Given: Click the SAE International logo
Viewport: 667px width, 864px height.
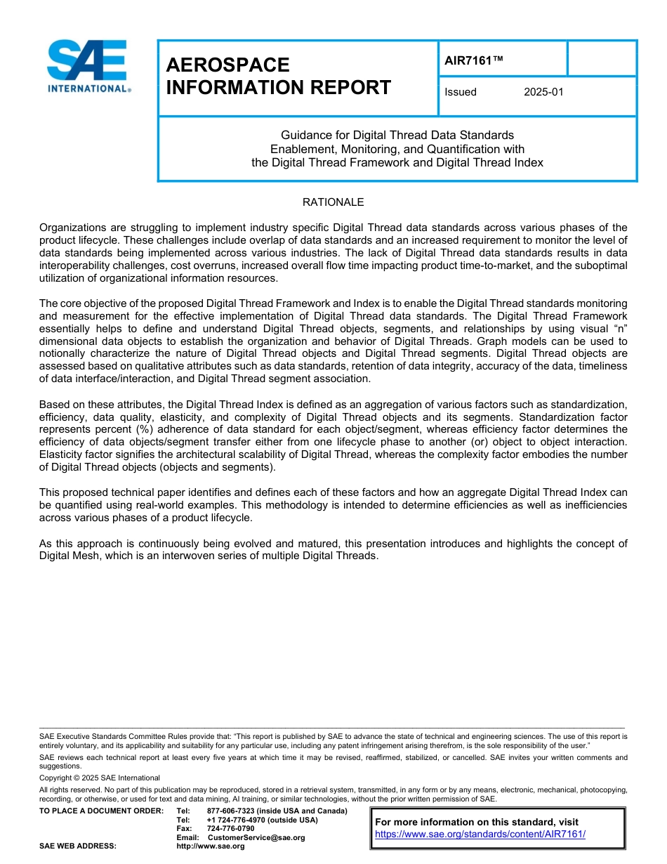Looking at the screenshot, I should [88, 66].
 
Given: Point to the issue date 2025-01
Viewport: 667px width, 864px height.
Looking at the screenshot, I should [543, 92].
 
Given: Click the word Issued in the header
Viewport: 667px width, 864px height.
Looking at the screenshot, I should [461, 92].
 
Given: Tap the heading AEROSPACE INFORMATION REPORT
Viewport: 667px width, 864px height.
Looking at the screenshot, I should [278, 76].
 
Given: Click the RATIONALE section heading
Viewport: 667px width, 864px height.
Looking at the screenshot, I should [333, 202].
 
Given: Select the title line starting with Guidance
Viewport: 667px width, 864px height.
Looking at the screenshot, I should [397, 135].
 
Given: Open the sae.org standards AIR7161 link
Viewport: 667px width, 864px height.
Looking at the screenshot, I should [480, 834].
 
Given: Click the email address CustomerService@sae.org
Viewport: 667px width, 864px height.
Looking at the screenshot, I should [256, 837].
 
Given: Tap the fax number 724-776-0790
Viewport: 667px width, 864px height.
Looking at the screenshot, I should [230, 828].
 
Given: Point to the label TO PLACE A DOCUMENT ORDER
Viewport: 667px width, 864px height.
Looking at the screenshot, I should [101, 811].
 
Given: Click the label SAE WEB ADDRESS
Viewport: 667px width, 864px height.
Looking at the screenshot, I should [78, 846].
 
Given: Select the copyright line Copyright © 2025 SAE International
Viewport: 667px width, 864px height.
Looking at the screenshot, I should [100, 778].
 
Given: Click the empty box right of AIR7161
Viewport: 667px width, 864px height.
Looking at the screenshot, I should [601, 58].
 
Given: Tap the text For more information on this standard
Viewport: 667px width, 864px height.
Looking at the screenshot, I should [477, 822].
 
